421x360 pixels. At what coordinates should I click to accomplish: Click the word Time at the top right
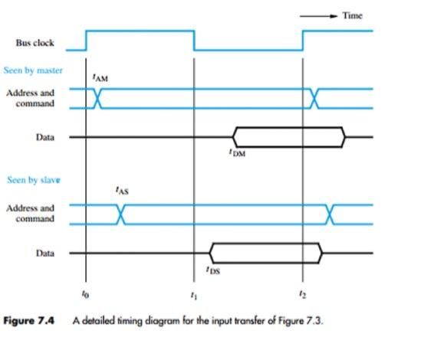tap(352, 15)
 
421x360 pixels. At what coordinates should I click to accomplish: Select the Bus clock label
tap(35, 43)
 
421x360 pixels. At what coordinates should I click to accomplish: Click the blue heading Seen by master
tap(34, 71)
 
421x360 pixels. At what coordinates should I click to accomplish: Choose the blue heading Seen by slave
tap(33, 180)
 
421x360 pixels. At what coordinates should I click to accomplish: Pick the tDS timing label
tap(212, 269)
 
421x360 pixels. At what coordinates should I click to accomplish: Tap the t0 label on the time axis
tap(85, 294)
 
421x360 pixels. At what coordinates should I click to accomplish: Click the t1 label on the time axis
tap(193, 294)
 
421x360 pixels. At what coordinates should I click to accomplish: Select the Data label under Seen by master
tap(45, 137)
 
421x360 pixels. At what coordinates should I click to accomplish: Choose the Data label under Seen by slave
tap(45, 253)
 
